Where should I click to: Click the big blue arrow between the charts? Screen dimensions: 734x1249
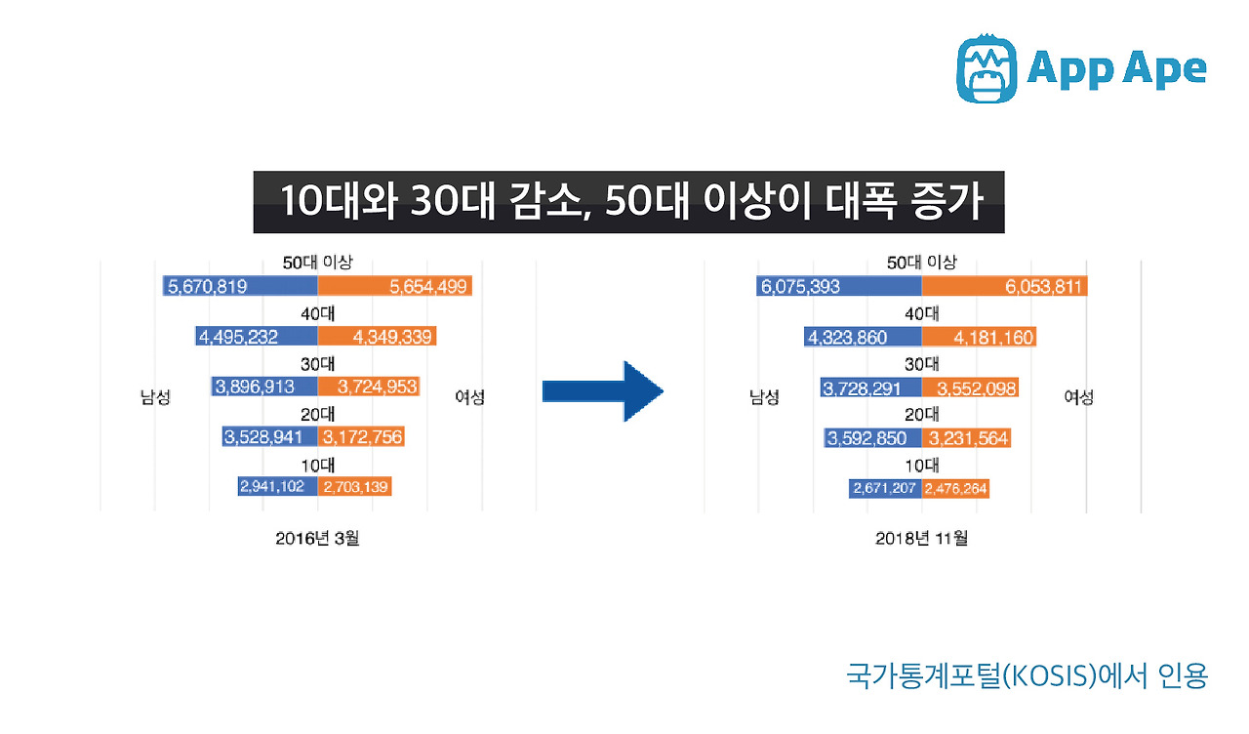coord(603,392)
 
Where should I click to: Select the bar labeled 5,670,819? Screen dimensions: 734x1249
coord(240,286)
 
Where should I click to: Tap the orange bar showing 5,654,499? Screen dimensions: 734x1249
coord(395,286)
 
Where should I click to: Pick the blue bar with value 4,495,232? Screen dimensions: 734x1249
coord(257,337)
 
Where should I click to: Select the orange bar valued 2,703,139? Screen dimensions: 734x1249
coord(355,486)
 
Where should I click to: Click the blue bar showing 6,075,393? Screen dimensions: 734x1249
coord(838,286)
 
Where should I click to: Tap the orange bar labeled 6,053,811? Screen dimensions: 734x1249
coord(1005,286)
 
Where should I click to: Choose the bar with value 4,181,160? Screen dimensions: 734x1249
coord(979,337)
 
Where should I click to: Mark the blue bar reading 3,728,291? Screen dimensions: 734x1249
coord(870,387)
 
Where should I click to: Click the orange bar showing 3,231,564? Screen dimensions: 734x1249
coord(966,438)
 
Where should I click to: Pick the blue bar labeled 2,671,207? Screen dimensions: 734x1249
coord(885,488)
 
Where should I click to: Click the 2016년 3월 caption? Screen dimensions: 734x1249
coord(317,538)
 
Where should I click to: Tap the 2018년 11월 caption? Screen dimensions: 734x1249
coord(921,538)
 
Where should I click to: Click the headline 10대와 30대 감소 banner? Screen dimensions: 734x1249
coord(628,202)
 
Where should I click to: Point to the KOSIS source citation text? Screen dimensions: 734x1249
coord(1027,675)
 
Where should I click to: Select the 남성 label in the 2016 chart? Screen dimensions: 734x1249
coord(156,397)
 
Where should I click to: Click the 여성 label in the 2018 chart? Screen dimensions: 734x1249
coord(1078,397)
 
